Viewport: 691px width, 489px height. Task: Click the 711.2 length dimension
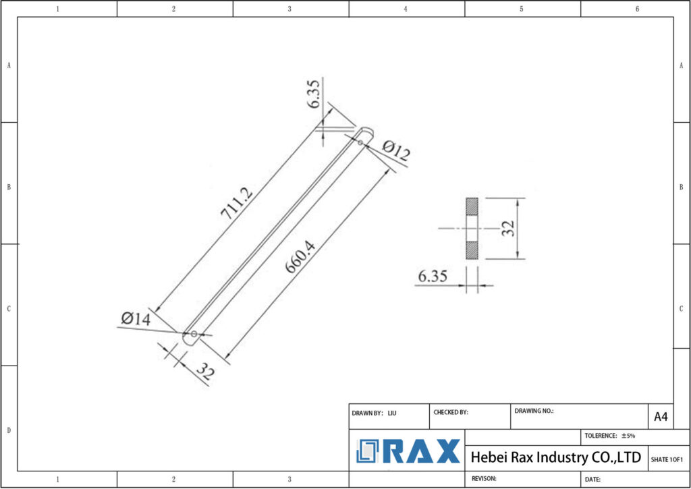[237, 203]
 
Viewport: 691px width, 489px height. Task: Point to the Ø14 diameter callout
[136, 319]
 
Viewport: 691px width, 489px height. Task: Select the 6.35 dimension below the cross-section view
[433, 277]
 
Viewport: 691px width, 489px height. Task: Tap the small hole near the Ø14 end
[194, 334]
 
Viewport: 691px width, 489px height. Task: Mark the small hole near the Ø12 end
[360, 142]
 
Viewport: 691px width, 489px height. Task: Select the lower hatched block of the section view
[472, 250]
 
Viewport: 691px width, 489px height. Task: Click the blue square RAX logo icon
[368, 451]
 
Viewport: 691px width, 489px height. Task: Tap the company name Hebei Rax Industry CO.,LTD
[555, 457]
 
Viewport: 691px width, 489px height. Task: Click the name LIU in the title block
[391, 412]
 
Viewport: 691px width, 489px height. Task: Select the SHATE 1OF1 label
[667, 459]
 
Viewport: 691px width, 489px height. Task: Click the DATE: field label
[593, 479]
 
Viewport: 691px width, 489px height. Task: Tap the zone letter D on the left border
[8, 430]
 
